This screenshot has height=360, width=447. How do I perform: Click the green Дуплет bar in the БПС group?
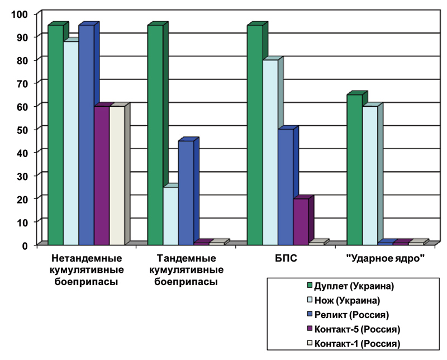255,135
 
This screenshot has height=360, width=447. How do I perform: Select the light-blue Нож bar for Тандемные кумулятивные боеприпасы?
171,216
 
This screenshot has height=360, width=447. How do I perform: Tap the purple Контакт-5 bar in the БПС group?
301,222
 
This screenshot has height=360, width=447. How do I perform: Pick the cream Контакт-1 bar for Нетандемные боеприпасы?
117,176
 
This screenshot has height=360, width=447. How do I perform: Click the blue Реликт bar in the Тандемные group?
186,193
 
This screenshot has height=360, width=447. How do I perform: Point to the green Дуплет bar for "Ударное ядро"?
355,170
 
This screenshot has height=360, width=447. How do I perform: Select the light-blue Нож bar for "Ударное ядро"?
370,176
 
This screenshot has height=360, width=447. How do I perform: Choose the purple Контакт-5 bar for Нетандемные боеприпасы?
102,176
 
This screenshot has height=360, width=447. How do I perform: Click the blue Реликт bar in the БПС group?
286,187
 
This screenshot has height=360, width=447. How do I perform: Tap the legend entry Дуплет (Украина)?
350,286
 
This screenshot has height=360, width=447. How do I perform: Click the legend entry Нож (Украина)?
344,300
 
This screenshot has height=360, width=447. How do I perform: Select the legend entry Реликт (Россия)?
348,315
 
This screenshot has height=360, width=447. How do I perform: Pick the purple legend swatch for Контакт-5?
310,329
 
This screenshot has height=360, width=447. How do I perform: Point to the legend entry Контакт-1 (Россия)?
354,343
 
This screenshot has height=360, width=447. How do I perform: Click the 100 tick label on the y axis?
20,14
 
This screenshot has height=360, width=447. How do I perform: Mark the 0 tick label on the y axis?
25,245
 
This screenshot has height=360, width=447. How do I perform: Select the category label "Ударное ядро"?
386,258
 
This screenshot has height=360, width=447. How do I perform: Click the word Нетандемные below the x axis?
87,258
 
